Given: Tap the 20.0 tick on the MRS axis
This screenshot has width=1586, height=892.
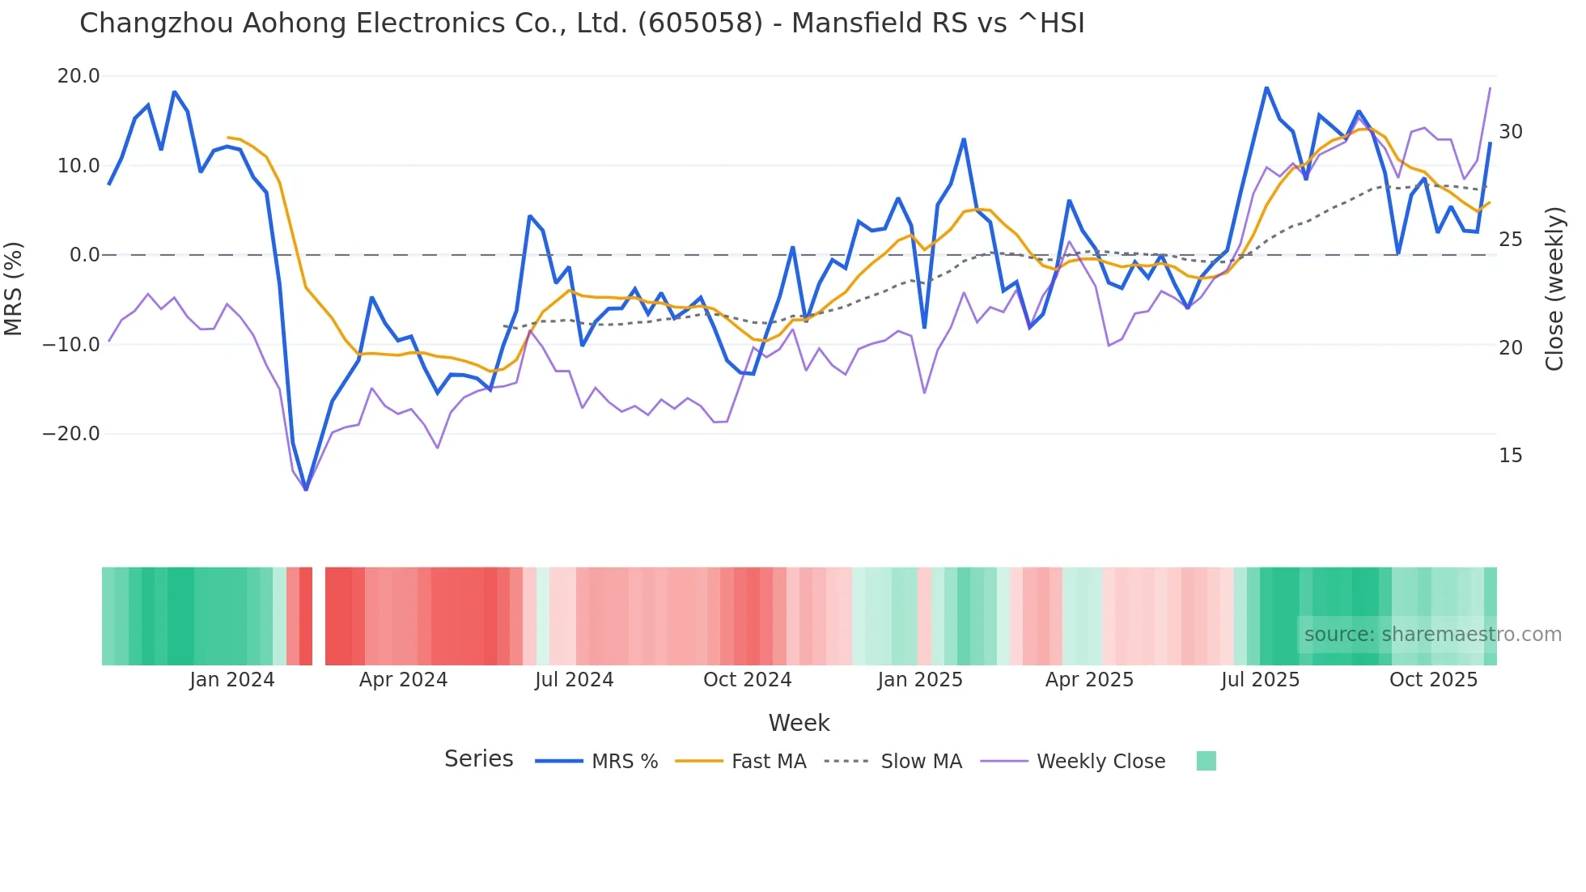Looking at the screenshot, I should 78,76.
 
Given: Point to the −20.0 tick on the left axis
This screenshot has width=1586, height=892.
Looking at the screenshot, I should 72,434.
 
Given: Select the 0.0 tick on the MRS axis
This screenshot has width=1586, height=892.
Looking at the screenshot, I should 84,255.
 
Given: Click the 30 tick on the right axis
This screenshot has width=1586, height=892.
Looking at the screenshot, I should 1510,132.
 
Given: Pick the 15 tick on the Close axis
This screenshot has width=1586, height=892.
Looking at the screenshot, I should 1510,456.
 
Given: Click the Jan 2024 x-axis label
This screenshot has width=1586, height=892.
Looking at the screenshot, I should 232,680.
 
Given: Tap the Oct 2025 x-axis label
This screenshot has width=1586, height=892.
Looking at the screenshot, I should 1433,680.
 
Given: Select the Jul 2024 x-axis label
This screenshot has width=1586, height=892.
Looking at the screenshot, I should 574,680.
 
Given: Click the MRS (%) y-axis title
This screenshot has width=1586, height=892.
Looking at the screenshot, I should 14,288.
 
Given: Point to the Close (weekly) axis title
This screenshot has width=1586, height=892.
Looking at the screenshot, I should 1554,288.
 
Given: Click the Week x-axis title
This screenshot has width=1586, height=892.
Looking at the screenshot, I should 799,723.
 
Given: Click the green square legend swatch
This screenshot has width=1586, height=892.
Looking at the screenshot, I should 1206,761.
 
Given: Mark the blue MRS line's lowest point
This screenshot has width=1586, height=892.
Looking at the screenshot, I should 306,490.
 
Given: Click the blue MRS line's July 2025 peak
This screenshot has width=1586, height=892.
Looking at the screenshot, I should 1266,87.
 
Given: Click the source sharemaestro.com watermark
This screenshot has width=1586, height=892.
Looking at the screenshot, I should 1432,635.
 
